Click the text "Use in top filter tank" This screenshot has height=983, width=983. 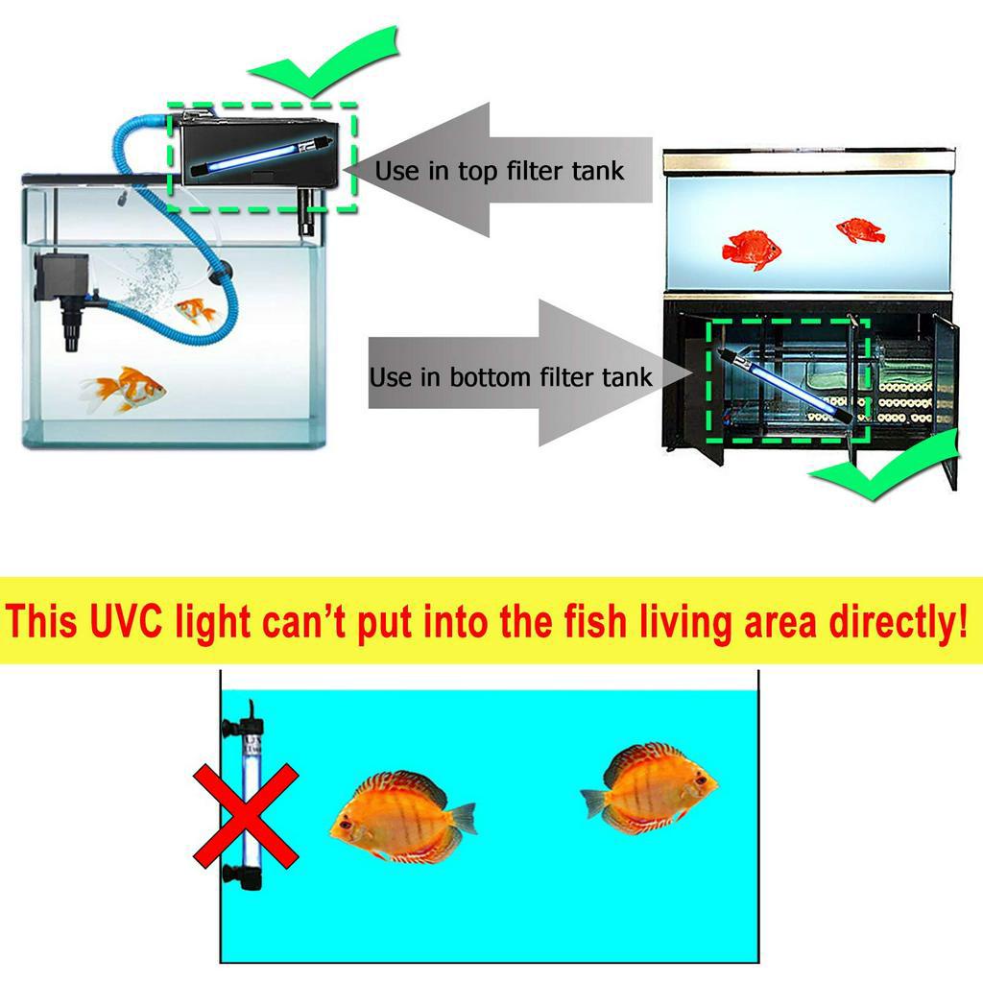click(499, 172)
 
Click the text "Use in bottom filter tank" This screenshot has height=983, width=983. click(511, 377)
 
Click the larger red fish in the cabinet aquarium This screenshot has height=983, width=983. click(751, 248)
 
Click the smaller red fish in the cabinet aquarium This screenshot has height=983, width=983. click(859, 230)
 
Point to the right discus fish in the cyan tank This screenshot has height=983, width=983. click(650, 788)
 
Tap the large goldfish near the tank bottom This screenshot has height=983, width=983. click(124, 390)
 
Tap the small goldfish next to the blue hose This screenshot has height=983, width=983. click(195, 311)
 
